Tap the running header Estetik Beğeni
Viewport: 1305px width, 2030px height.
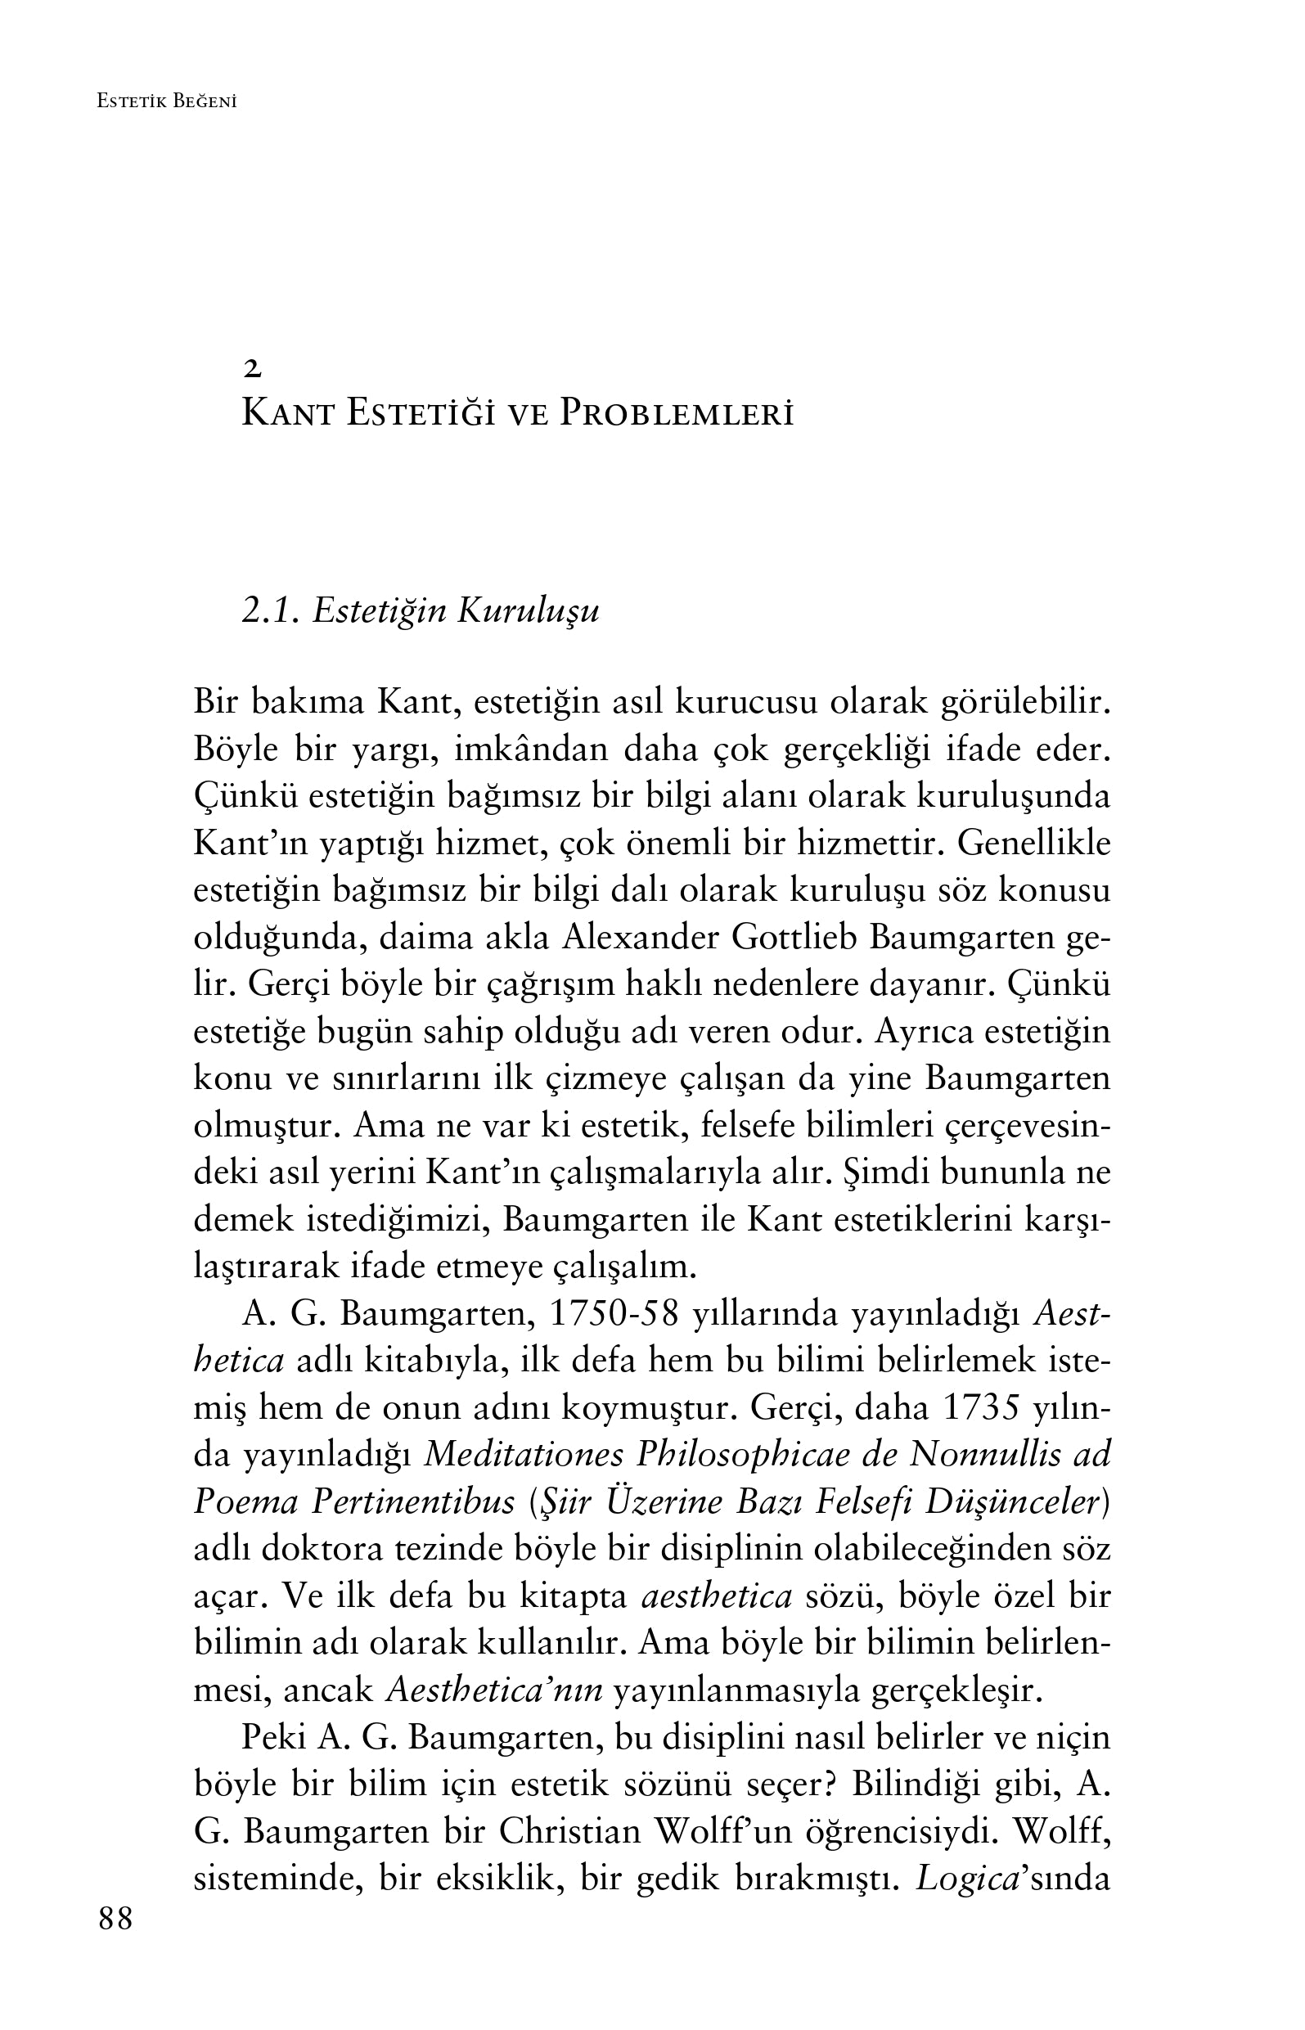click(x=167, y=101)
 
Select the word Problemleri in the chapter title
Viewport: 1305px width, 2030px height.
click(x=675, y=415)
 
